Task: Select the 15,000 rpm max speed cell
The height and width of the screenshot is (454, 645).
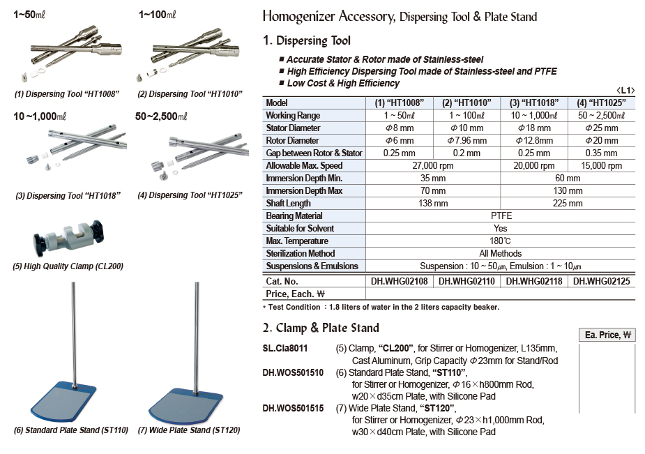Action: click(601, 166)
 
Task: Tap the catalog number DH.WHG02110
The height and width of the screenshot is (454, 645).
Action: click(466, 281)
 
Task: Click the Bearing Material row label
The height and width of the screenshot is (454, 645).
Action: click(294, 216)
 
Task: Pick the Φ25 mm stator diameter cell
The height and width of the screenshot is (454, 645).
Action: click(601, 128)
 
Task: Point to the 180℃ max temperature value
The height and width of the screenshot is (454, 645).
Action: click(500, 241)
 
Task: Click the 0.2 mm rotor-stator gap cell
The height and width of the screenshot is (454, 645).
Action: click(466, 153)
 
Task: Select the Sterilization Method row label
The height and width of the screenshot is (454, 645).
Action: click(301, 254)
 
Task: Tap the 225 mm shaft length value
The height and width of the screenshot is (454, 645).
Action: click(568, 204)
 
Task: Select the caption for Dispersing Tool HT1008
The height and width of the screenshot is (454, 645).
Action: click(67, 94)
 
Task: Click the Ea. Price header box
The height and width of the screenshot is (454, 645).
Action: click(607, 335)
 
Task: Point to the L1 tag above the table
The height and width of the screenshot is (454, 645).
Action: click(625, 91)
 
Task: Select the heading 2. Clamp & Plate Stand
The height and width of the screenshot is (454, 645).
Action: click(321, 328)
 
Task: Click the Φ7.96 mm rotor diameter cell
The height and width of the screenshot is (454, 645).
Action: click(466, 141)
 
